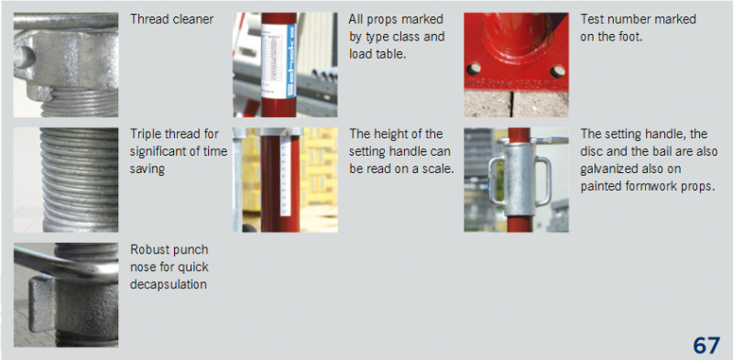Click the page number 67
point(706,345)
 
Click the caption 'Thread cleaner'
point(171,19)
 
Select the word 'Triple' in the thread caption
point(146,134)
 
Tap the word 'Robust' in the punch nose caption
point(149,250)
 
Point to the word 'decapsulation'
point(169,284)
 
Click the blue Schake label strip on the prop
point(290,60)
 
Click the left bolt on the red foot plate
point(474,69)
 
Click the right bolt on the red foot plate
point(557,71)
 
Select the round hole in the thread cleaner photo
point(24,57)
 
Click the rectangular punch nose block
point(41,304)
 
